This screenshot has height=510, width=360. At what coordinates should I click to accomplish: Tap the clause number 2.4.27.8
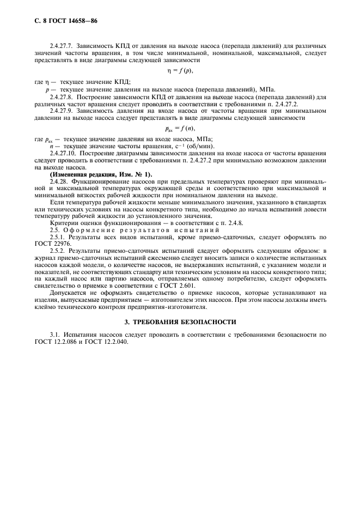point(62,97)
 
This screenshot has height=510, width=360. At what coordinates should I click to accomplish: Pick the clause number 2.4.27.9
point(62,111)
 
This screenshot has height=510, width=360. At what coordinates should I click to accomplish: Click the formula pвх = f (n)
point(179,129)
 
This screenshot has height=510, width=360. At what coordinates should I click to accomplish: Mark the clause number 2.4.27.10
point(63,154)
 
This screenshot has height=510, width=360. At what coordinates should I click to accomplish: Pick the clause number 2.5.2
point(56,251)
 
